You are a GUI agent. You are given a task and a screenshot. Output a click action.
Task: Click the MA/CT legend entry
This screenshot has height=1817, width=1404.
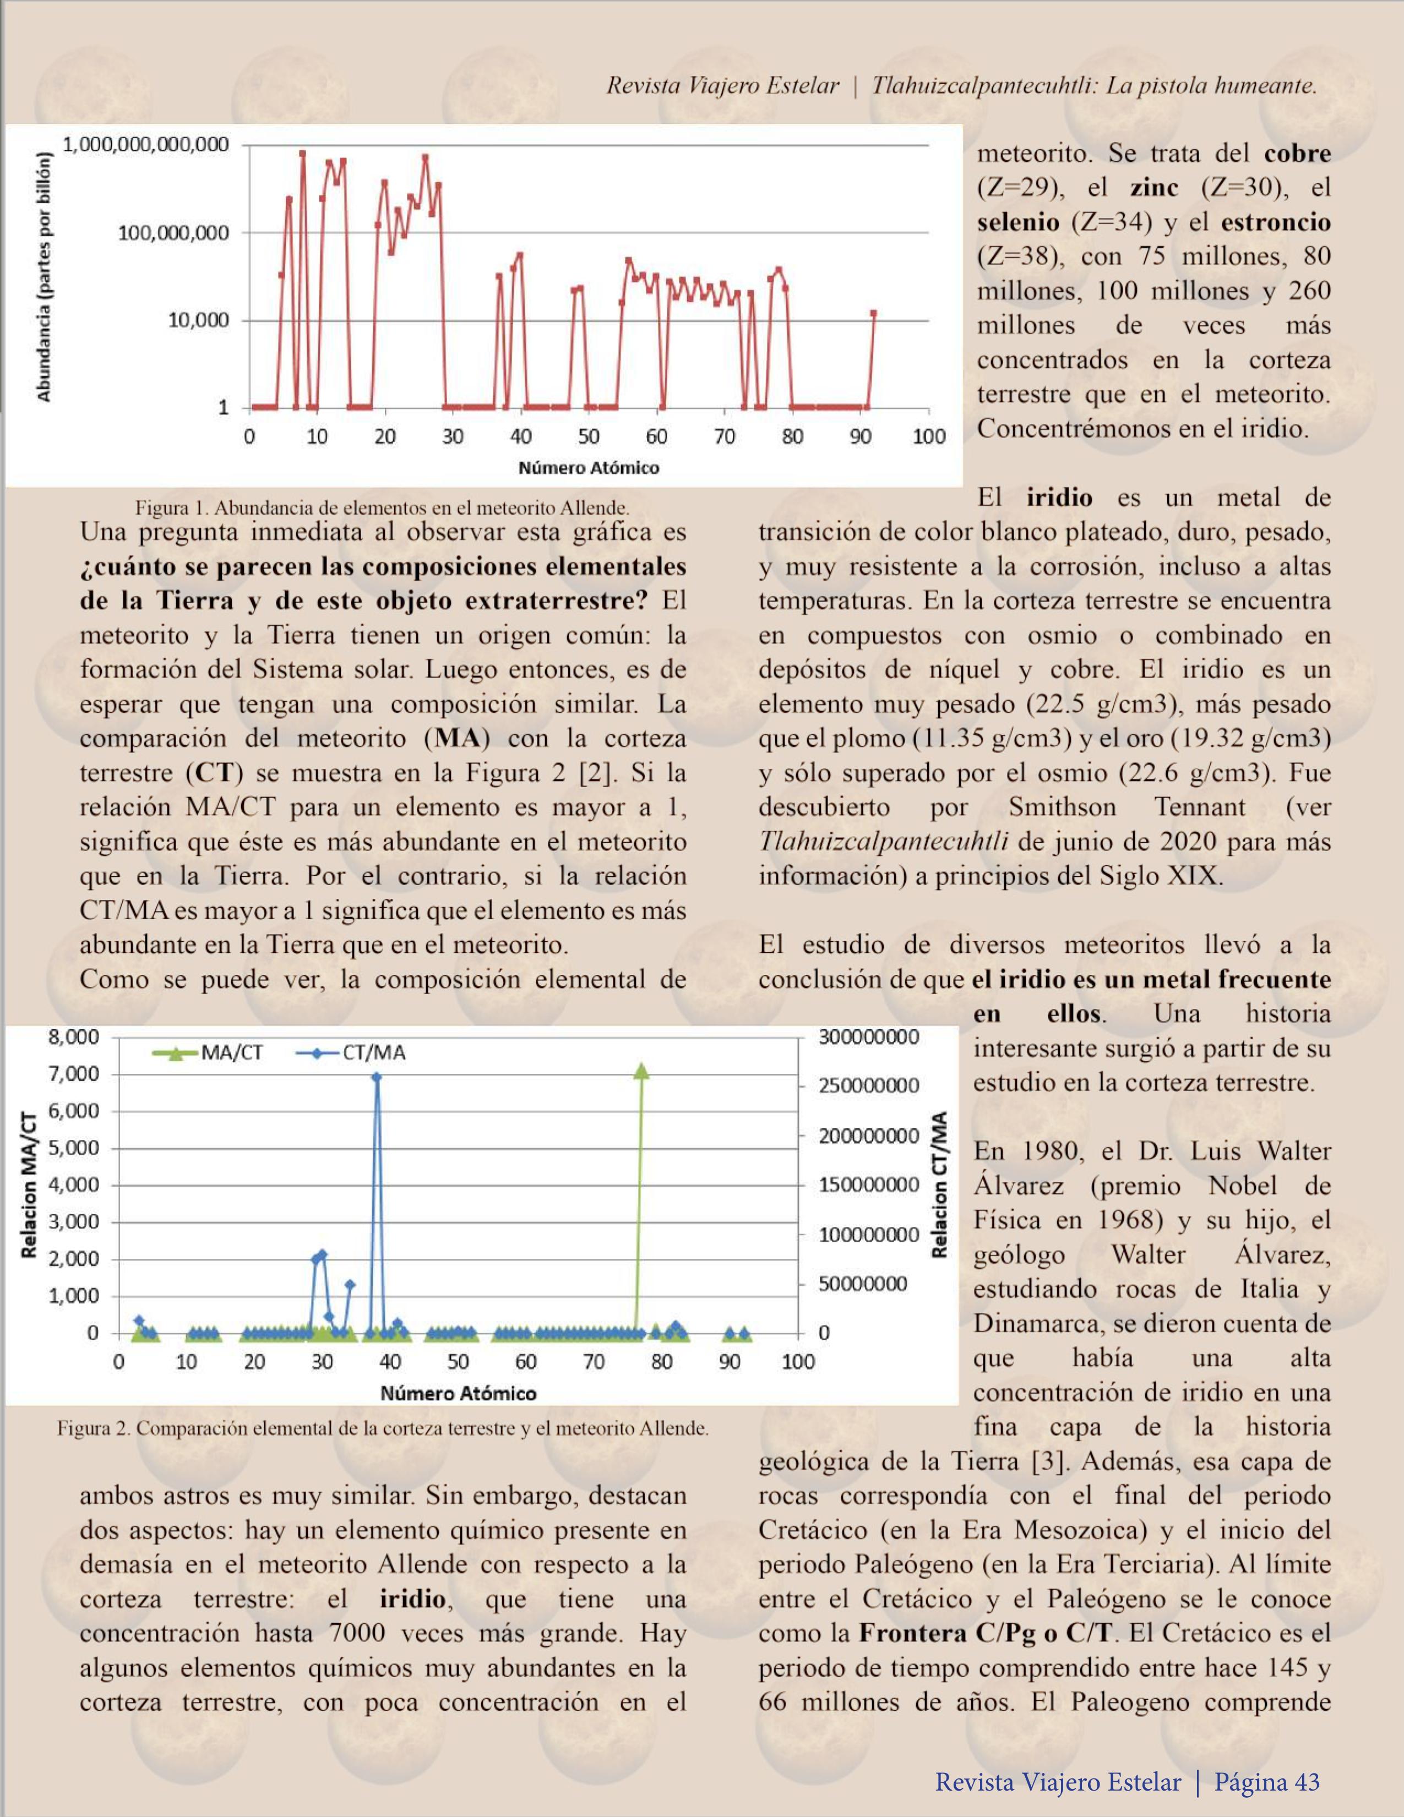(x=208, y=1052)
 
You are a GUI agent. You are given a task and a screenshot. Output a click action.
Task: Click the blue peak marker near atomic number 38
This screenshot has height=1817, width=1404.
(x=376, y=1077)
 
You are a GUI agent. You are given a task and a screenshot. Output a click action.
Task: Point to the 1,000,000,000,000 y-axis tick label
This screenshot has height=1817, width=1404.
(x=146, y=145)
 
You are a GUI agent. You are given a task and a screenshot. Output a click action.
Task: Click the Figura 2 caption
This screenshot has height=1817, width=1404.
(x=383, y=1428)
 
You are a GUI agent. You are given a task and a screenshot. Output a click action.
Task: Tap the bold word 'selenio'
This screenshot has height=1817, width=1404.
(x=1018, y=222)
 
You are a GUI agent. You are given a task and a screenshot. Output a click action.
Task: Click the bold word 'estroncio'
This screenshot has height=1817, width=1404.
(x=1275, y=222)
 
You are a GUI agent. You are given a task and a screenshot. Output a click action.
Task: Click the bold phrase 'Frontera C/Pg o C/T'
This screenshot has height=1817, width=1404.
(x=986, y=1632)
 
